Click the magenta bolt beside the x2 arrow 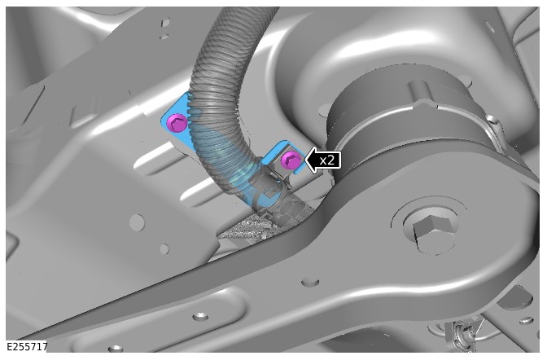[x=291, y=160]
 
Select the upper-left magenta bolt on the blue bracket [x=177, y=123]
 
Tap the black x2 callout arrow [x=322, y=160]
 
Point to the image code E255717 [x=27, y=347]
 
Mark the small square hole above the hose [x=165, y=22]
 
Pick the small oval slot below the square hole [x=164, y=36]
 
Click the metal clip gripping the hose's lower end [x=269, y=186]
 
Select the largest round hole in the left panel [x=137, y=222]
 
